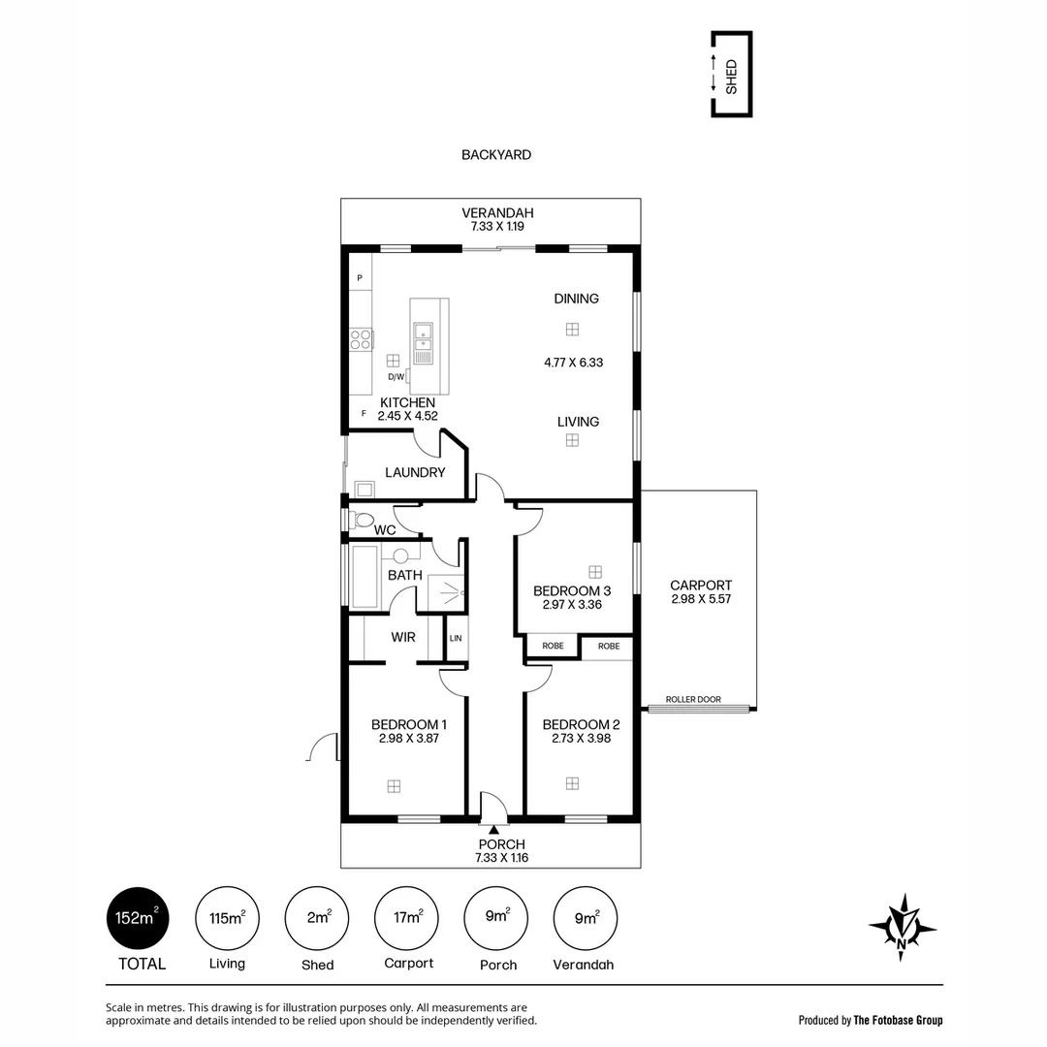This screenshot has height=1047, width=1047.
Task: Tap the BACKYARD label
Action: tap(496, 154)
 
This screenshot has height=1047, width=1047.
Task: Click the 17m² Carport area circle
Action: tap(406, 918)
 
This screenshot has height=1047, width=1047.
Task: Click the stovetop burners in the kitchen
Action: tap(361, 339)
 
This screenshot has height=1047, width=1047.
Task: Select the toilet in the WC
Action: tap(361, 520)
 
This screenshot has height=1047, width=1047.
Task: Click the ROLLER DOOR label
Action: tap(693, 699)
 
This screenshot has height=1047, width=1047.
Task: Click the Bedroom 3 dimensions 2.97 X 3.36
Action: tap(572, 605)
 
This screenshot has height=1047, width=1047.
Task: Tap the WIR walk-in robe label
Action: tap(403, 637)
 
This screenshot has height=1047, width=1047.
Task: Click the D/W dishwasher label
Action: tap(396, 377)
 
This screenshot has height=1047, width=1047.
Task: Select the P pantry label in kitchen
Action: tap(360, 279)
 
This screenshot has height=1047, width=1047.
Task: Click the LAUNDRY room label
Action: tap(415, 472)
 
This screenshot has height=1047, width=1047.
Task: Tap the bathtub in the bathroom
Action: tap(364, 577)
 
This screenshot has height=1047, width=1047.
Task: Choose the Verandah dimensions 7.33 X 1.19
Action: tap(497, 227)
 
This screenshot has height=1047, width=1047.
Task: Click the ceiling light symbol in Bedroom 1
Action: tap(394, 786)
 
